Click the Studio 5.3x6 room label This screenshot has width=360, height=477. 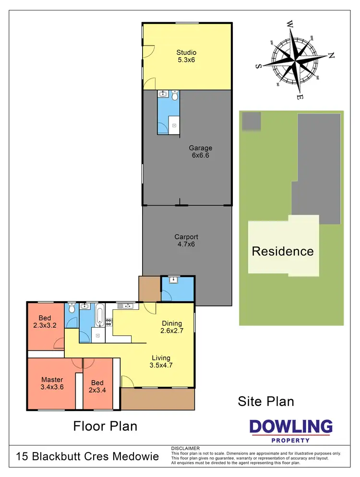pos(186,56)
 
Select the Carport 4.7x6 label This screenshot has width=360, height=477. pos(186,240)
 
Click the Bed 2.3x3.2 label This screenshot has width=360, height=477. pos(45,321)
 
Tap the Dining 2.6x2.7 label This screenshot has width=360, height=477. pos(172,327)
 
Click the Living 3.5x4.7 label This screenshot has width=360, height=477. pos(161,361)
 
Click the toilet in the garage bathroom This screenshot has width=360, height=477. pos(175,94)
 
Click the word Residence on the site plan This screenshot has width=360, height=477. pos(283,251)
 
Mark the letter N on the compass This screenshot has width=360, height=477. pos(330,55)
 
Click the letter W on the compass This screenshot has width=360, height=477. pos(290,23)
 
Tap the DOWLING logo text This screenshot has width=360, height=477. pos(291,426)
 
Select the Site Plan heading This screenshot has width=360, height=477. pos(266,401)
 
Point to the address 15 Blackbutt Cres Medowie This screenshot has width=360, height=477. pos(87,456)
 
